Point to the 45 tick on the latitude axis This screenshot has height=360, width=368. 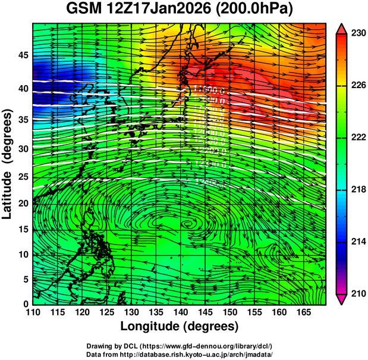(x=23, y=55)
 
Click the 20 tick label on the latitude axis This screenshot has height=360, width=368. (x=23, y=204)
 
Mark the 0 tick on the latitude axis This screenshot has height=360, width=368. (x=25, y=303)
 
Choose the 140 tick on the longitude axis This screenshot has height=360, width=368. (x=180, y=312)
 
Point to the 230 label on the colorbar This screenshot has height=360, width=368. (x=357, y=34)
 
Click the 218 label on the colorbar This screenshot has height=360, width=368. (x=357, y=189)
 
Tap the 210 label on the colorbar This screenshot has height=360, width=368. (x=357, y=293)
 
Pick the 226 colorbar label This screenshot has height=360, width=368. (x=357, y=86)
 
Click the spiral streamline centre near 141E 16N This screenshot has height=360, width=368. (x=188, y=224)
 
